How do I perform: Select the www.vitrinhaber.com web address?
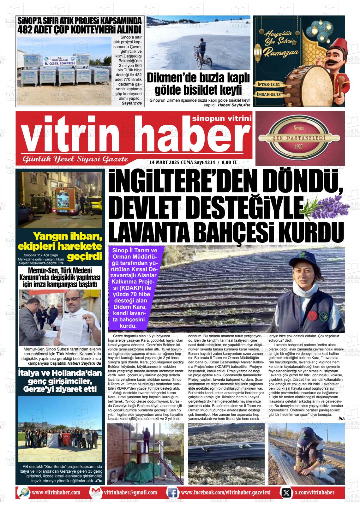coord(56,493)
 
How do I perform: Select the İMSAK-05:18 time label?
coord(269,94)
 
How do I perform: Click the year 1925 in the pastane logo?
coord(299,146)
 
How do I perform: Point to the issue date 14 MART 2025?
coord(164,163)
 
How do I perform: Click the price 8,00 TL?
coord(229,163)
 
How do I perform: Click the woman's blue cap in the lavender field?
coord(301,262)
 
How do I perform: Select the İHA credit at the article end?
coord(341,419)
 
